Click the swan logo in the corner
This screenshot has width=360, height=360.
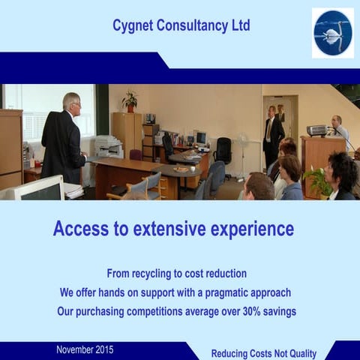point(332,34)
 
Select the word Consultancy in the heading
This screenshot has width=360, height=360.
point(192,25)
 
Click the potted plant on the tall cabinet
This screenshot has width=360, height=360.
point(130,100)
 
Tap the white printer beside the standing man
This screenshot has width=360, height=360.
point(108,146)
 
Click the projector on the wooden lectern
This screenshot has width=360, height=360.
point(317,130)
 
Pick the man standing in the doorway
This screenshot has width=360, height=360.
point(273,135)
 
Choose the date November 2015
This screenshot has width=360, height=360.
point(85,349)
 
